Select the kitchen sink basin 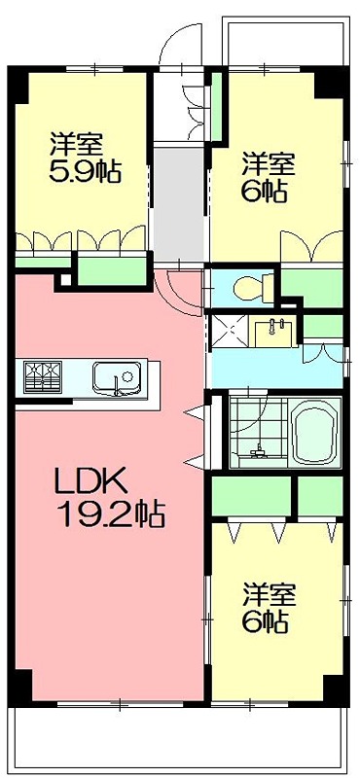pyautogui.click(x=117, y=376)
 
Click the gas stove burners pyautogui.click(x=41, y=375)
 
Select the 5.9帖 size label pyautogui.click(x=86, y=173)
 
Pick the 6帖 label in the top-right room pyautogui.click(x=265, y=191)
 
